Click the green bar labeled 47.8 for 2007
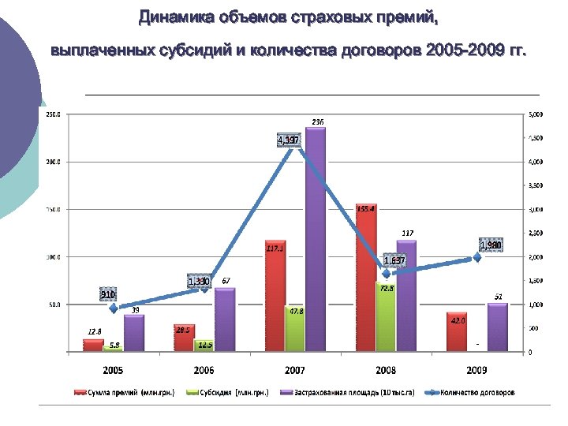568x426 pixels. click(295, 328)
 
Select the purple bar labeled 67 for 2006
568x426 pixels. click(225, 319)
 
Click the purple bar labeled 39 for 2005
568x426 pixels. click(134, 332)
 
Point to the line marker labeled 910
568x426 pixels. click(114, 308)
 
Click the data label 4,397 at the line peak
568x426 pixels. click(287, 140)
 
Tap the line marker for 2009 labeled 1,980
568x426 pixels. click(477, 257)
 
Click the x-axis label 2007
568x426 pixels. click(295, 369)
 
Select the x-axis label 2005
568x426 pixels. click(114, 369)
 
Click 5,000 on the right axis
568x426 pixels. click(534, 115)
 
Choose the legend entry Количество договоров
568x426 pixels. click(478, 391)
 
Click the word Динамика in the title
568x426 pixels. click(176, 17)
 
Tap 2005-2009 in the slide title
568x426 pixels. click(462, 52)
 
